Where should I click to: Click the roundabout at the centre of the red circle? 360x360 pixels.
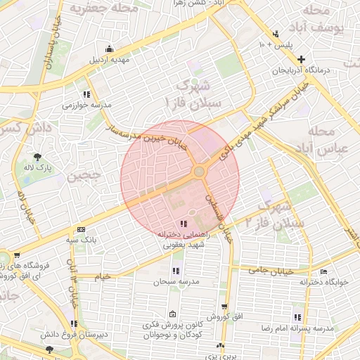[200, 172]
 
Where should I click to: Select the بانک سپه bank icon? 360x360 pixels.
[82, 230]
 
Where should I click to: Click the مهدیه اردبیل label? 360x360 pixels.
[109, 59]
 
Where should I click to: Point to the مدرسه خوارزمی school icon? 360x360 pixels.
[86, 94]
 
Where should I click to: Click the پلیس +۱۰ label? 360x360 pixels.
[275, 44]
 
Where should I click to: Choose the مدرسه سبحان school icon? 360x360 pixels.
[176, 271]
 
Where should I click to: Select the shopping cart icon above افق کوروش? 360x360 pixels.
[224, 307]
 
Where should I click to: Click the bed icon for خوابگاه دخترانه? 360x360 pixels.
[323, 272]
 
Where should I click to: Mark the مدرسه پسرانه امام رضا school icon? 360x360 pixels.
[297, 318]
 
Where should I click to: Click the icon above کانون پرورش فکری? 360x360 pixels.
[173, 314]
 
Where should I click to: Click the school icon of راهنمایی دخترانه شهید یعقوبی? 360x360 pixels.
[184, 224]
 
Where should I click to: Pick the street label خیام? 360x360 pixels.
[103, 276]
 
